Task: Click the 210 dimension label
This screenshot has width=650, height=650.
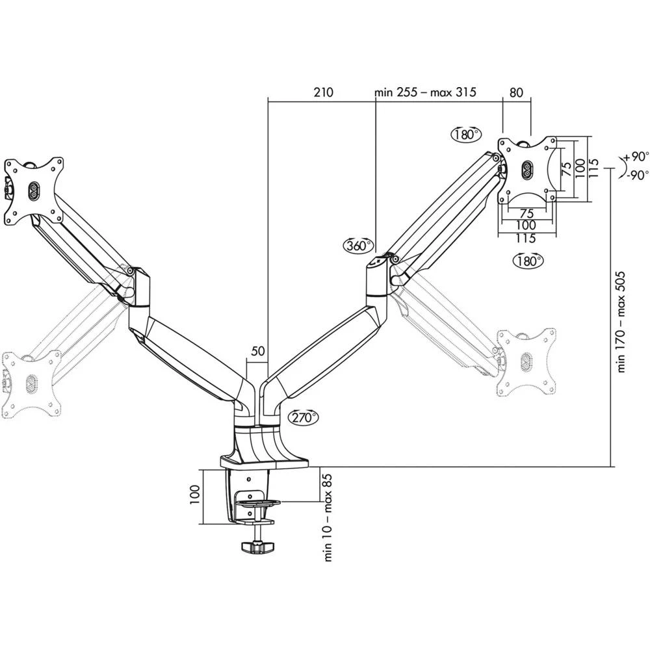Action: click(x=322, y=92)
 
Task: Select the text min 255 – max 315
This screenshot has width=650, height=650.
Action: click(x=426, y=92)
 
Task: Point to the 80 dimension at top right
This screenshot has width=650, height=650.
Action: click(x=516, y=92)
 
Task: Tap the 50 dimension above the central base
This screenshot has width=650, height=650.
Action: click(x=257, y=351)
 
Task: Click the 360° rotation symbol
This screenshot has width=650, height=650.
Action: click(x=359, y=246)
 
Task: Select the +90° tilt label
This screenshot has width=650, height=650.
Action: click(x=635, y=157)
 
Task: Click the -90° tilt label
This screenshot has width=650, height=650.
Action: click(x=635, y=175)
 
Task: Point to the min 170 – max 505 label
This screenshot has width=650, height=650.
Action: click(x=621, y=322)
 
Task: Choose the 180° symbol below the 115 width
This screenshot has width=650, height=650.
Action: click(x=527, y=261)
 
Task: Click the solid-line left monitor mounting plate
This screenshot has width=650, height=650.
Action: click(x=32, y=188)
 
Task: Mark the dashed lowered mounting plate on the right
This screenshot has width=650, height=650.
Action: click(x=526, y=361)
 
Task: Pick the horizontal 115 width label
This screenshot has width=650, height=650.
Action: click(x=526, y=239)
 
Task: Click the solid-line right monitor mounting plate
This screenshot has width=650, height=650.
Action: click(x=527, y=170)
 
